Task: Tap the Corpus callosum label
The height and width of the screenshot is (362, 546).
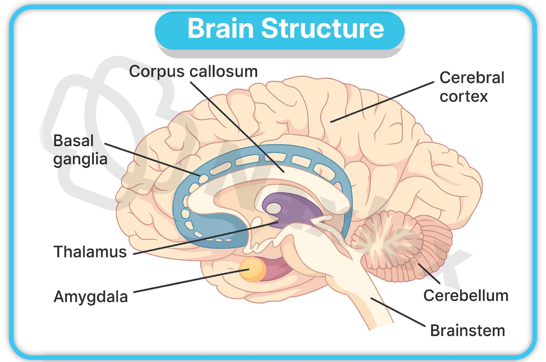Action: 193,71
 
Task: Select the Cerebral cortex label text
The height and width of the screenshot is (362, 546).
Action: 471,87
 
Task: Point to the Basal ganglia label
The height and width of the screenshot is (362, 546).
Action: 80,150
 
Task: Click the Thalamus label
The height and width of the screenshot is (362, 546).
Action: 90,252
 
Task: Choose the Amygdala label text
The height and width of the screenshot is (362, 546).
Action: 91,297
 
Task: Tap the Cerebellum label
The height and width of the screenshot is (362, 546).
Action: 466,296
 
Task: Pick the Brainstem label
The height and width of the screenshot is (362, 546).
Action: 467,331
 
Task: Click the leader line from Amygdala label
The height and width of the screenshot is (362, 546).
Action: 191,281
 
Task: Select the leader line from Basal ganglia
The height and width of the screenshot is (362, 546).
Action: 152,159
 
